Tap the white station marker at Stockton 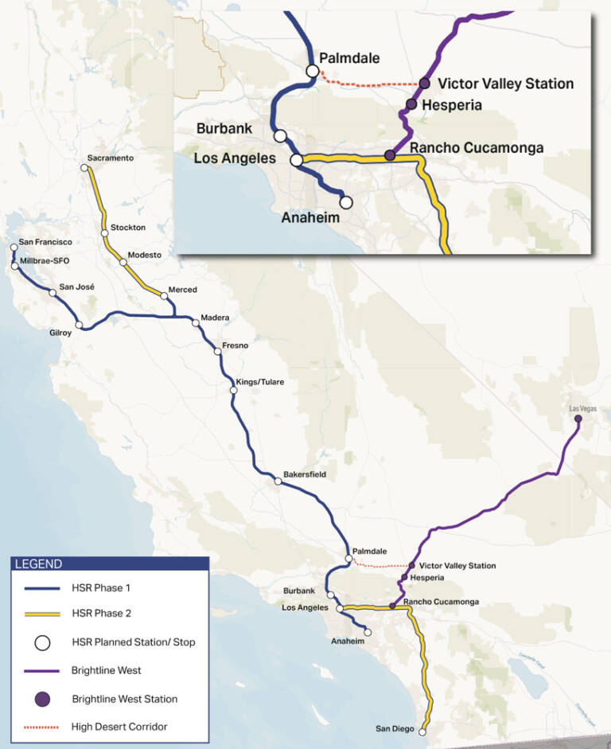(104, 233)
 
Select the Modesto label (145, 255)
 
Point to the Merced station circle (164, 296)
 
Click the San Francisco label (45, 241)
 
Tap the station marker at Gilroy (79, 325)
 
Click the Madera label (215, 317)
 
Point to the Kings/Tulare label (261, 382)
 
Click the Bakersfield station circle (277, 482)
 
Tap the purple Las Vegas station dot (578, 419)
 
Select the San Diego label (396, 728)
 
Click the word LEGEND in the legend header (37, 564)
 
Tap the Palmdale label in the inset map (349, 58)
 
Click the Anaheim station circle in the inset (346, 201)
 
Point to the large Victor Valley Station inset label (506, 84)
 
